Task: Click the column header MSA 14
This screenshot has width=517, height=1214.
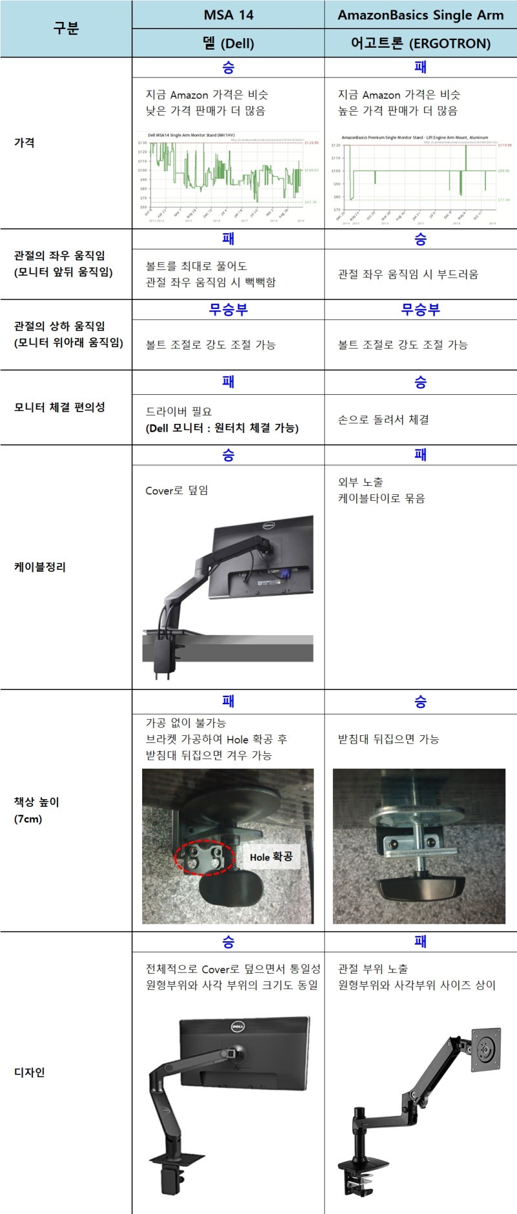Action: point(228,15)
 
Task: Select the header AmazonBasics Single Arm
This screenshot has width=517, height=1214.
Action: point(420,15)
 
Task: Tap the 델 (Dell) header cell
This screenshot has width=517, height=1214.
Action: point(228,43)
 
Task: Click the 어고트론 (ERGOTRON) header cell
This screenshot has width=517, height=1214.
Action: point(420,43)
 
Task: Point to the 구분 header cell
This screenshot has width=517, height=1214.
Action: point(66,28)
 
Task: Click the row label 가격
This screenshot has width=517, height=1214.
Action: point(25,143)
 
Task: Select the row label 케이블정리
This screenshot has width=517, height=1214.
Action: point(40,567)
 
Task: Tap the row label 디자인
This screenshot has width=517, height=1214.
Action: point(30,1072)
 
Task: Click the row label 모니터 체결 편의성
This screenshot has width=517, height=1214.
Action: point(59,407)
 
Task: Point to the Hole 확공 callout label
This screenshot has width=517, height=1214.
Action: point(271,857)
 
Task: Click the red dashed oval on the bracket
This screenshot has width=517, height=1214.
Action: point(203,857)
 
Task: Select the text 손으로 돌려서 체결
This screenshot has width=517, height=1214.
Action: point(383,419)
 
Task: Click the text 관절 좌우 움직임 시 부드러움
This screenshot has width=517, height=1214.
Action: point(408,274)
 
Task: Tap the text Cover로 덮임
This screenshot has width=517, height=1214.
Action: point(176,490)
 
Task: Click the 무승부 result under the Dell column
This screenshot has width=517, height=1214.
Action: point(228,309)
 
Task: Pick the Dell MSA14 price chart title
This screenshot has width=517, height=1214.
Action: point(191,136)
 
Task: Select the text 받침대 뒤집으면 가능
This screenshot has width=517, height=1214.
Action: point(388,738)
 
